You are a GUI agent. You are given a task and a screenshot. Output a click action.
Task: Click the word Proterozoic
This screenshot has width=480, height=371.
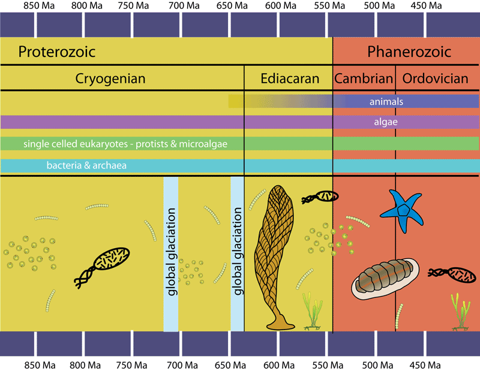57,52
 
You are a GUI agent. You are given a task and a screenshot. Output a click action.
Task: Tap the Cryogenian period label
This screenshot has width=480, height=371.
110,79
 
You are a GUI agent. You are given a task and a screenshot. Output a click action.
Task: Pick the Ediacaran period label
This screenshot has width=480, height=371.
289,79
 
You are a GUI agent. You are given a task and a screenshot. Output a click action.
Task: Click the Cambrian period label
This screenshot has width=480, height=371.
364,79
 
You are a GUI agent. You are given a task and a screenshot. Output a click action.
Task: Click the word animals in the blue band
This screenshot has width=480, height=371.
386,101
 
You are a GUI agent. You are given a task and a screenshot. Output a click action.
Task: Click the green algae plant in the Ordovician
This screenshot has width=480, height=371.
460,312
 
